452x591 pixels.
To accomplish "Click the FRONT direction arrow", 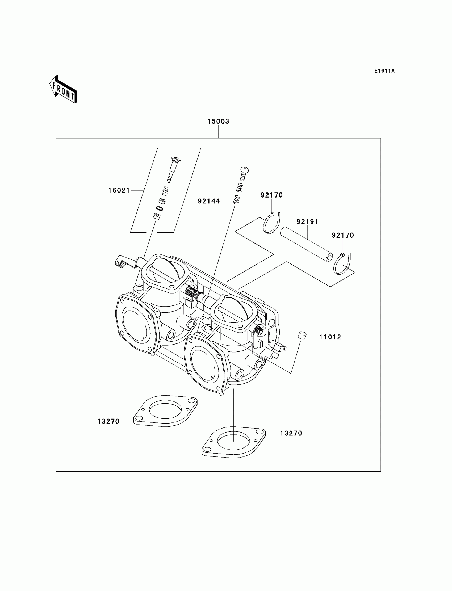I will pyautogui.click(x=64, y=90).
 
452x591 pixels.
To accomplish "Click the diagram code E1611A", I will pyautogui.click(x=384, y=71).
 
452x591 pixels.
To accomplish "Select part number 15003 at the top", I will pyautogui.click(x=218, y=121).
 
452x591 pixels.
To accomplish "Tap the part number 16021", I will pyautogui.click(x=119, y=191).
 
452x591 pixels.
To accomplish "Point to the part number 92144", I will pyautogui.click(x=209, y=201).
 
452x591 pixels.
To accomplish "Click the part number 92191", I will pyautogui.click(x=307, y=222).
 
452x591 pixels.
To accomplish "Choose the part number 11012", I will pyautogui.click(x=330, y=337).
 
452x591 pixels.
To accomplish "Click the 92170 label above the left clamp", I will pyautogui.click(x=272, y=195).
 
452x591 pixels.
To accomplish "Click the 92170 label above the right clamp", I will pyautogui.click(x=343, y=236).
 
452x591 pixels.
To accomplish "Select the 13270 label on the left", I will pyautogui.click(x=108, y=422).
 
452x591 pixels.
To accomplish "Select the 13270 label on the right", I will pyautogui.click(x=291, y=433).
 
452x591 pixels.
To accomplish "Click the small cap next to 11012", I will pyautogui.click(x=302, y=336).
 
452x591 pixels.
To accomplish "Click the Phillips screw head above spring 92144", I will pyautogui.click(x=244, y=170).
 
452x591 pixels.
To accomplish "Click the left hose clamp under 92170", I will pyautogui.click(x=271, y=223).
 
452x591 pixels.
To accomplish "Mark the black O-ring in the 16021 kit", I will pyautogui.click(x=159, y=208).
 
